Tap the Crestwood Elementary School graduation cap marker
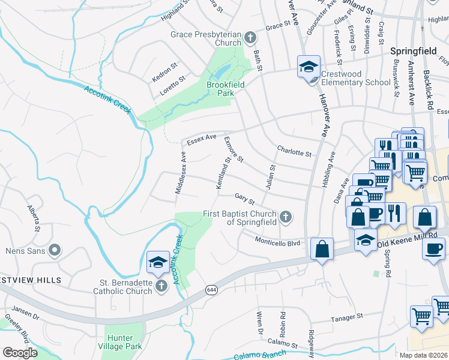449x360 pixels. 309,67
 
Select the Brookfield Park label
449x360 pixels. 226,89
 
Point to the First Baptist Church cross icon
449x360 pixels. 286,217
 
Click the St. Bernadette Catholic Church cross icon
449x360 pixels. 161,287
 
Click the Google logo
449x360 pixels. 20,352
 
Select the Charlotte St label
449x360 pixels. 294,151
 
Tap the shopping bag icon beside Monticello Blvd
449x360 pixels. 322,248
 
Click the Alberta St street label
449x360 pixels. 34,218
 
